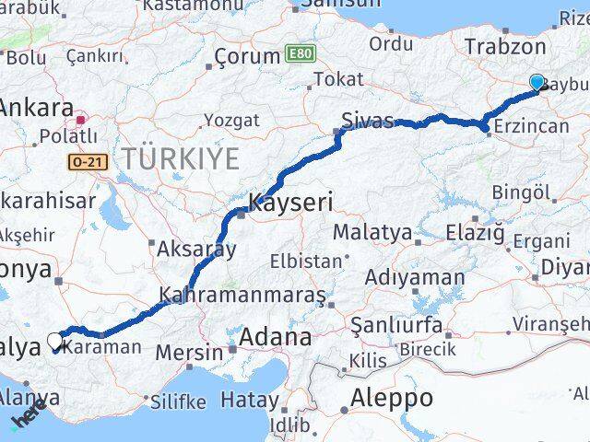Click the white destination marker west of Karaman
coord(55,343)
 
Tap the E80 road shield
coord(298,54)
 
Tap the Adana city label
coord(275,338)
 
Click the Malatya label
coord(372,231)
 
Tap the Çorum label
coord(246,56)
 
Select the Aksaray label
coord(196,248)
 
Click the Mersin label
coord(189,352)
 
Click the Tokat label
coord(338,80)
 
